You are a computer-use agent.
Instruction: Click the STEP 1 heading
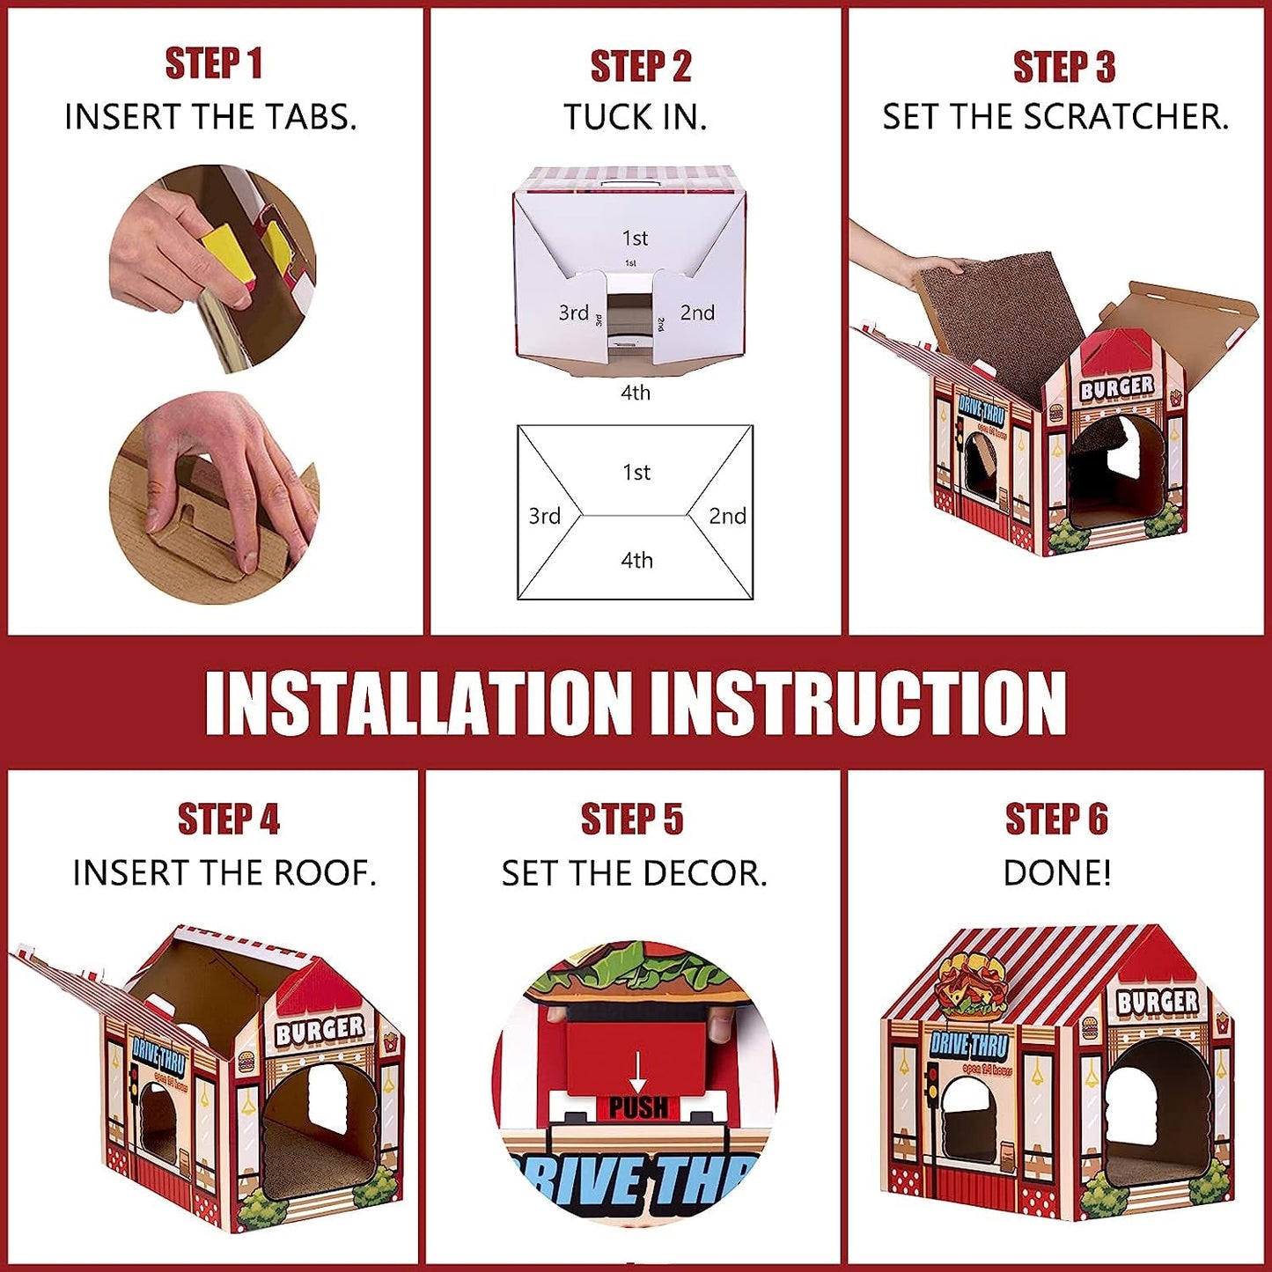click(214, 64)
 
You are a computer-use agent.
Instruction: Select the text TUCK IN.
click(635, 117)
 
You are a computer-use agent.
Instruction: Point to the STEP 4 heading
click(228, 820)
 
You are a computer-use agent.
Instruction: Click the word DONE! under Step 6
click(1056, 873)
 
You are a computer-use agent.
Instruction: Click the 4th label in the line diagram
click(636, 560)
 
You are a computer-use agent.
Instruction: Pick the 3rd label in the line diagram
click(544, 516)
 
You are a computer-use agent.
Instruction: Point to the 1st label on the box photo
click(635, 238)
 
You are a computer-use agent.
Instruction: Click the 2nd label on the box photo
click(697, 312)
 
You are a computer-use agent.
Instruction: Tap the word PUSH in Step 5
click(638, 1108)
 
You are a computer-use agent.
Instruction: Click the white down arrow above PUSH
click(637, 1071)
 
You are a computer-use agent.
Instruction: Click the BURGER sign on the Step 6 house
click(1157, 1002)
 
